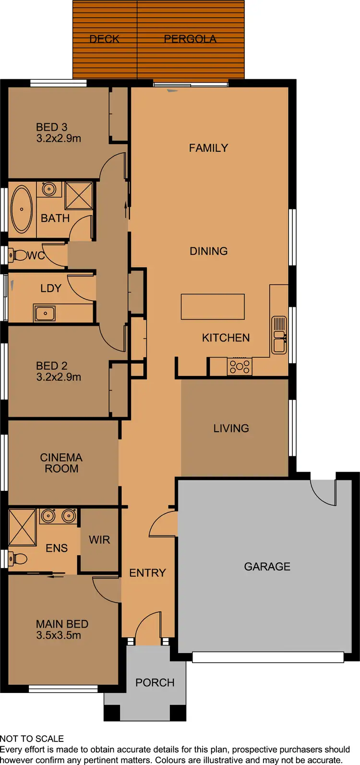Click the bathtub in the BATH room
pyautogui.click(x=22, y=209)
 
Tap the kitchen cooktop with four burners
pyautogui.click(x=240, y=367)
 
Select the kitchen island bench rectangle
pyautogui.click(x=213, y=307)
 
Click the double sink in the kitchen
pyautogui.click(x=279, y=335)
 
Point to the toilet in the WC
pyautogui.click(x=19, y=255)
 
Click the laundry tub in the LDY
pyautogui.click(x=45, y=313)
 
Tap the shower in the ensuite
pyautogui.click(x=22, y=527)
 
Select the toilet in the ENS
pyautogui.click(x=19, y=559)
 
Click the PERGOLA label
pyautogui.click(x=190, y=39)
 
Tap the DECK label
pyautogui.click(x=104, y=39)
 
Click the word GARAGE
pyautogui.click(x=267, y=567)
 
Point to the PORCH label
pyautogui.click(x=155, y=682)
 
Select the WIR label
pyautogui.click(x=99, y=540)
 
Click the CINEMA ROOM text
pyautogui.click(x=61, y=463)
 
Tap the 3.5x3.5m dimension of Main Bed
pyautogui.click(x=59, y=635)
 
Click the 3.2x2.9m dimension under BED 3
pyautogui.click(x=59, y=138)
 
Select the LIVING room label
pyautogui.click(x=231, y=428)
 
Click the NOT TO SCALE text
pyautogui.click(x=32, y=739)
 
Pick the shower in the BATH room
pyautogui.click(x=79, y=195)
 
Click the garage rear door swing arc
pyautogui.click(x=323, y=493)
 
